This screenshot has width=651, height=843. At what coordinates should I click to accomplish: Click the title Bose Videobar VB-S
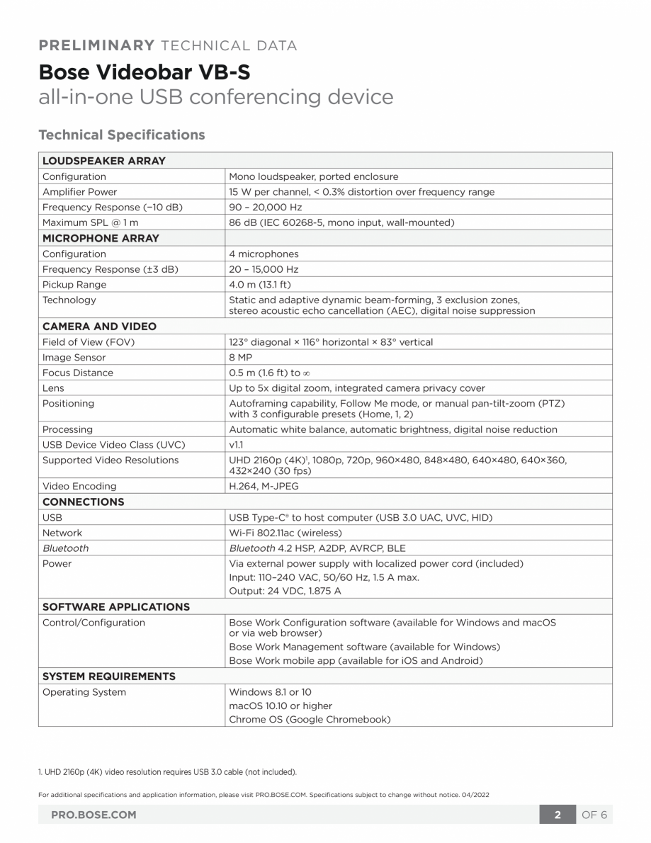tap(144, 72)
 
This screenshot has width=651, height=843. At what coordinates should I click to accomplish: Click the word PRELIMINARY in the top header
tap(96, 46)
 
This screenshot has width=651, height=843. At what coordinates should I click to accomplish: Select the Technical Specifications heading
tap(121, 135)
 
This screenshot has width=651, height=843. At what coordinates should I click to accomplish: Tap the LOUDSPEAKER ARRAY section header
tap(103, 161)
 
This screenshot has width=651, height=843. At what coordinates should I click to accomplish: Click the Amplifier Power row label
tap(79, 192)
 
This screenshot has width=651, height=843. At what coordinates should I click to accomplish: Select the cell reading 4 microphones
tap(264, 254)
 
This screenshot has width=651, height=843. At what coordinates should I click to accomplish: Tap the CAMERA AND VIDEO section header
tap(99, 327)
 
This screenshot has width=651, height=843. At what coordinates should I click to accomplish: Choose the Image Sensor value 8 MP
tap(241, 357)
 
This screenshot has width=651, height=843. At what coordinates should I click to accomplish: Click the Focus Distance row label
tap(77, 373)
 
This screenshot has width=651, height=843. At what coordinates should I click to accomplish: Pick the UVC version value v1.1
tap(236, 445)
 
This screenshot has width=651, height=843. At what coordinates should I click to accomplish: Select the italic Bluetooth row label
tap(65, 548)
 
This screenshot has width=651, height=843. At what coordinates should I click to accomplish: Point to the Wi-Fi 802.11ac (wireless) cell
tap(285, 533)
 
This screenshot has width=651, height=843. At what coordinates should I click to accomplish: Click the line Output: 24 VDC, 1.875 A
tap(285, 591)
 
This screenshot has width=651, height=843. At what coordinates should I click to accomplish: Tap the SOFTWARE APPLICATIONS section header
tap(116, 607)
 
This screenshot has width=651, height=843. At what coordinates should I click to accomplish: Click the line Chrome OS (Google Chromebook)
tap(310, 719)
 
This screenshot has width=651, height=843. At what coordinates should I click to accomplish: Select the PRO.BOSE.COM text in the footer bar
tap(94, 815)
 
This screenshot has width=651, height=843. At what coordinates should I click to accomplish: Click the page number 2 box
tap(557, 815)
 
